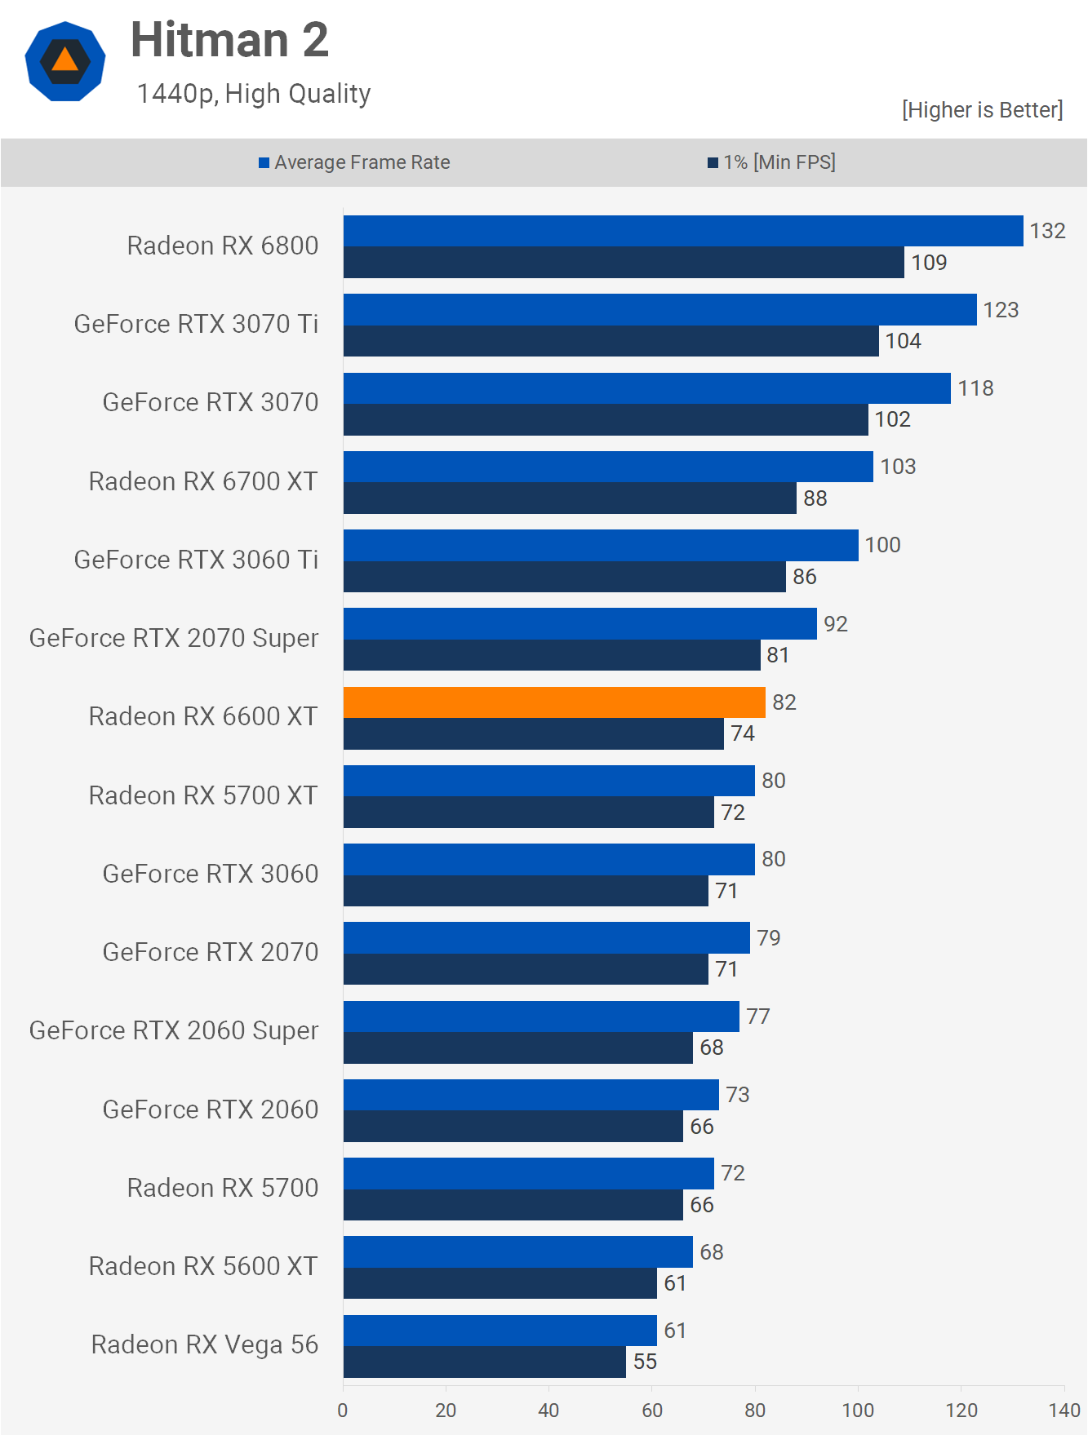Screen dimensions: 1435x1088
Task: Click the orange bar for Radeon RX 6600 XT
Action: pyautogui.click(x=554, y=702)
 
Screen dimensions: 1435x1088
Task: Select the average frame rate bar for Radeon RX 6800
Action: pyautogui.click(x=683, y=231)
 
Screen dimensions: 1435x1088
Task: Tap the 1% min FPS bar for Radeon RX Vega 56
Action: pyautogui.click(x=485, y=1362)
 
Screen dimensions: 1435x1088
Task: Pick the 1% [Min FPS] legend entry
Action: pyautogui.click(x=771, y=162)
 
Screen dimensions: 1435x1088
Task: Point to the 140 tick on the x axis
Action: pyautogui.click(x=1064, y=1410)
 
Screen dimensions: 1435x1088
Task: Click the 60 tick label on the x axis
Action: pyautogui.click(x=652, y=1410)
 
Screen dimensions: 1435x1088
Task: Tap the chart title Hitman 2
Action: pyautogui.click(x=229, y=40)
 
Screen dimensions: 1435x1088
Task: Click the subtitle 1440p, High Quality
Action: pyautogui.click(x=254, y=94)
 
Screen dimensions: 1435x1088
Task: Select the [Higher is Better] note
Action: pyautogui.click(x=982, y=110)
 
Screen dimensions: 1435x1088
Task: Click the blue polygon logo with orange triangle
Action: pyautogui.click(x=65, y=61)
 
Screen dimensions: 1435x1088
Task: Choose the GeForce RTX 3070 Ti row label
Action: pyautogui.click(x=196, y=324)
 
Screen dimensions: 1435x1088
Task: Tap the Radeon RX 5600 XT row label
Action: pyautogui.click(x=203, y=1266)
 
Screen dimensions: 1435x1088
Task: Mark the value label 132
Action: pyautogui.click(x=1047, y=231)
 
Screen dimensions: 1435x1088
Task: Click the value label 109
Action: pyautogui.click(x=929, y=263)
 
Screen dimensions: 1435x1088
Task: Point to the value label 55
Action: pyautogui.click(x=645, y=1362)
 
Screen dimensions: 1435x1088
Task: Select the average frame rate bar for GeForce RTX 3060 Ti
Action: pyautogui.click(x=601, y=545)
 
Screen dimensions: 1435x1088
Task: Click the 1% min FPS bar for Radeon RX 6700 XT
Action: pyautogui.click(x=570, y=498)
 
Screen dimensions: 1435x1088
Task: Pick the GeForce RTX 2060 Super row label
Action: pyautogui.click(x=174, y=1030)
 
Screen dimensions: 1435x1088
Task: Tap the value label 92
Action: pyautogui.click(x=835, y=624)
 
